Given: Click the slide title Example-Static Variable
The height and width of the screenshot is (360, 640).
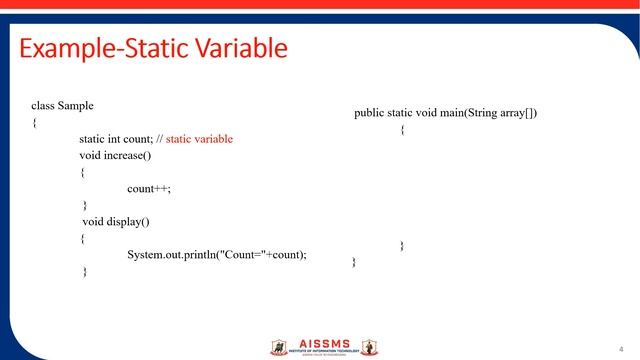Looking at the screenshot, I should [153, 48].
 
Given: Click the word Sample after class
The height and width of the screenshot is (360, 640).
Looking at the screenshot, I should [76, 105].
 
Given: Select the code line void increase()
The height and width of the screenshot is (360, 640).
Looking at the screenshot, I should [115, 155].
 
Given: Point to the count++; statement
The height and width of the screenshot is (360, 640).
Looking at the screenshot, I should [156, 188].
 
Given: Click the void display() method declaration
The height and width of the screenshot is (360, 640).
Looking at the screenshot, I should [116, 221].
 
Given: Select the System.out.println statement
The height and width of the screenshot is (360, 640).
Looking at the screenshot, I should [217, 254].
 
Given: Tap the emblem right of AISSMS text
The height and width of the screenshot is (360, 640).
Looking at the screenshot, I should [369, 347].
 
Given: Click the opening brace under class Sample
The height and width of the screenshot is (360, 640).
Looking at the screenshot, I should [34, 122].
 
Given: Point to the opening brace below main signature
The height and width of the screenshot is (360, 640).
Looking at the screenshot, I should [402, 130].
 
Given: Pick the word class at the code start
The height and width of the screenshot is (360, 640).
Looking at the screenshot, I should [43, 105].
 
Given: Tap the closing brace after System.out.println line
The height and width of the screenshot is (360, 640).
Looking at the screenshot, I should [85, 271].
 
